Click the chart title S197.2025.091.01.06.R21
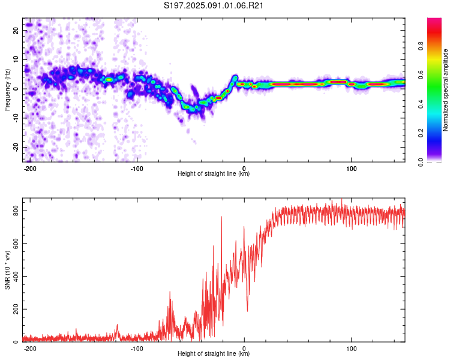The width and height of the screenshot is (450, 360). [x=213, y=5]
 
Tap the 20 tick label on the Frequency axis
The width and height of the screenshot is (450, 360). [x=16, y=30]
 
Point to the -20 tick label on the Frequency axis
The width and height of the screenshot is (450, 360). [x=16, y=147]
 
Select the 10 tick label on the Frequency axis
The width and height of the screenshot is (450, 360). [x=16, y=59]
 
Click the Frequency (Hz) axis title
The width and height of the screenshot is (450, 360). [x=7, y=90]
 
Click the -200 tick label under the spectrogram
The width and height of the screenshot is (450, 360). [x=29, y=169]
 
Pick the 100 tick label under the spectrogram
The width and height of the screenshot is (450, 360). [x=351, y=169]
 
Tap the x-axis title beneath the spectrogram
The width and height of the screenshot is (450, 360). [x=214, y=173]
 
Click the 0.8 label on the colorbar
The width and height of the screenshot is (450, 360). [x=421, y=46]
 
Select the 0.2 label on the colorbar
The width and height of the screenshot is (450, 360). [x=421, y=133]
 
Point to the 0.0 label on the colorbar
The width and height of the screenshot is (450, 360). [x=421, y=162]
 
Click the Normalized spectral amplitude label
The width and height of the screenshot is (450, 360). [x=445, y=90]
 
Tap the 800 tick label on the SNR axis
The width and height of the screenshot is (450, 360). [x=16, y=211]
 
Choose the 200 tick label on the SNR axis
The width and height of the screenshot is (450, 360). [x=16, y=309]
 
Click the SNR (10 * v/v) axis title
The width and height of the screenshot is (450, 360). [x=7, y=270]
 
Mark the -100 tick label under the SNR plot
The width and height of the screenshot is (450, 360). [x=137, y=349]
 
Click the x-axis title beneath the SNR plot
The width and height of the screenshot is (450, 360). [x=214, y=353]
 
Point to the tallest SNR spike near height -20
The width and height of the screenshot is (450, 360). [x=221, y=217]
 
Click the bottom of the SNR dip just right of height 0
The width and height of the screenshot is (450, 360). [x=247, y=311]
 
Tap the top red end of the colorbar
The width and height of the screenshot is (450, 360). [x=434, y=19]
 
